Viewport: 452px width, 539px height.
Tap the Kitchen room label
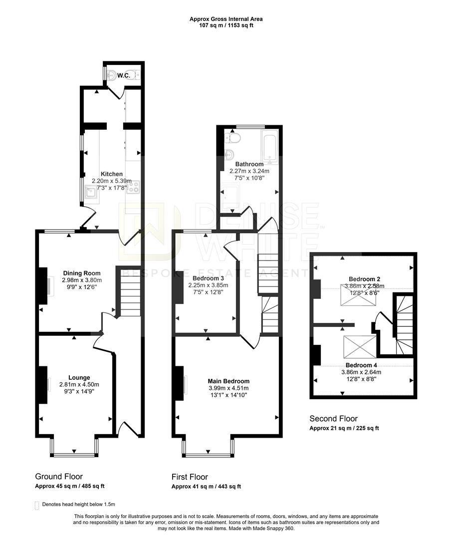click(x=111, y=174)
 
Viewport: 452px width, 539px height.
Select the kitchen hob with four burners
click(x=133, y=187)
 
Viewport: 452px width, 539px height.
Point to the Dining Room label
click(x=82, y=273)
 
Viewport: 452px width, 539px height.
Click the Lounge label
click(x=79, y=377)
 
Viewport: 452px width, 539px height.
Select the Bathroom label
click(x=249, y=164)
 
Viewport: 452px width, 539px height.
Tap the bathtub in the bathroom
click(x=269, y=147)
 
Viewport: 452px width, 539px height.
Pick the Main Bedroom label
click(x=229, y=381)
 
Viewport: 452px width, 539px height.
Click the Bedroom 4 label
click(x=361, y=365)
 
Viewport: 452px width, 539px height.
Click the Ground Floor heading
click(x=59, y=477)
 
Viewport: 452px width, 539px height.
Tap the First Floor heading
click(x=190, y=477)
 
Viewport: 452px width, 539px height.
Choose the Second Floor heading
click(x=333, y=419)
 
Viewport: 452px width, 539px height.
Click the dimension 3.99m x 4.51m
click(x=229, y=388)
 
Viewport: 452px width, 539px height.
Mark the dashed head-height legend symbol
click(x=37, y=505)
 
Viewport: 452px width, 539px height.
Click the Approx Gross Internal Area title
click(x=226, y=19)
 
